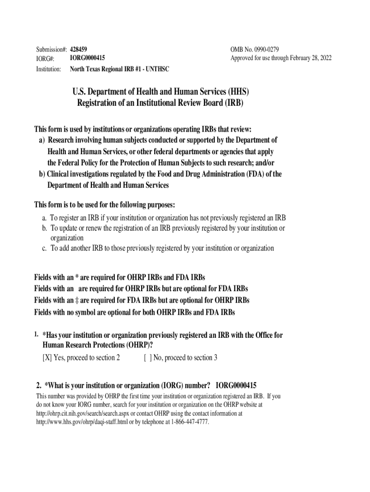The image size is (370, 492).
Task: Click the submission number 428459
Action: pyautogui.click(x=78, y=49)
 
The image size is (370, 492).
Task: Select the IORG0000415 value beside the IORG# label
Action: pyautogui.click(x=87, y=58)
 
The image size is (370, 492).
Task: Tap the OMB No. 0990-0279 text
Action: pyautogui.click(x=255, y=49)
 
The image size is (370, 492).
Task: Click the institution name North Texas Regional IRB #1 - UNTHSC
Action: pyautogui.click(x=120, y=69)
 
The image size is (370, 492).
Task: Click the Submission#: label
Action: pyautogui.click(x=51, y=49)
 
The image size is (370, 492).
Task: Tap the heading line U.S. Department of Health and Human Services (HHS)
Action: pyautogui.click(x=160, y=92)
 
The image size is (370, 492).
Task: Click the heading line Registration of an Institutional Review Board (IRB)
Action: pyautogui.click(x=160, y=103)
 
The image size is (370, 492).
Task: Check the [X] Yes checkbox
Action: pyautogui.click(x=47, y=357)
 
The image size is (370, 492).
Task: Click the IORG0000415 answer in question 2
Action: pyautogui.click(x=236, y=385)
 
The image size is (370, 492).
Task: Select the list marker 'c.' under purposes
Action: pyautogui.click(x=45, y=248)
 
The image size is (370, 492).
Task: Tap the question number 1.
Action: pyautogui.click(x=36, y=334)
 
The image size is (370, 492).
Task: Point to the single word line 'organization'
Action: pyautogui.click(x=67, y=238)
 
